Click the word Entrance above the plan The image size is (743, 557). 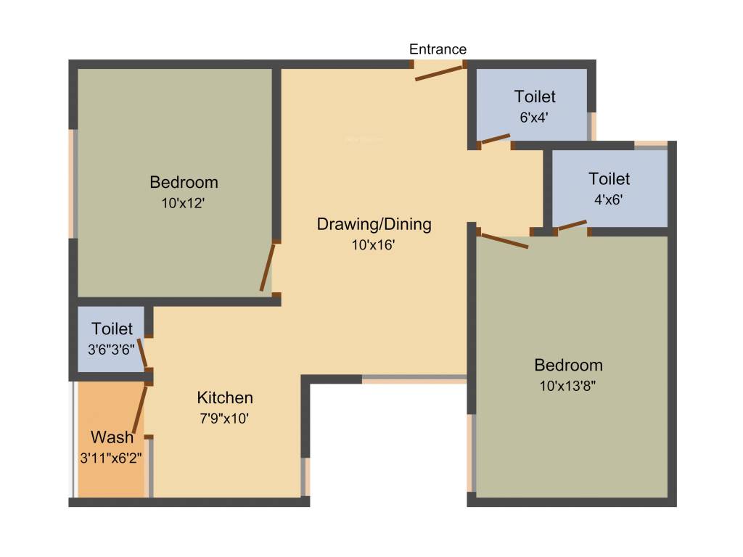(x=438, y=49)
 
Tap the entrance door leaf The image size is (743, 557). (x=439, y=73)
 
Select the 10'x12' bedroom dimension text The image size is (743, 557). (x=183, y=203)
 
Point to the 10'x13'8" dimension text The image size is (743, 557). (x=567, y=386)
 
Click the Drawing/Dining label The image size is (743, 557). (x=374, y=224)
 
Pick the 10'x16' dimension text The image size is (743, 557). (x=374, y=245)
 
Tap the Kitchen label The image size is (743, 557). (x=225, y=397)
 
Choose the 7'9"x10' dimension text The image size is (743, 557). (x=224, y=418)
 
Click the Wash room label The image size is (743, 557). (x=112, y=437)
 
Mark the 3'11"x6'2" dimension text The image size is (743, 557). (x=111, y=458)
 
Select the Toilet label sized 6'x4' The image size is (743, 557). (x=535, y=96)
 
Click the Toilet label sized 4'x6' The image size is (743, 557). (x=609, y=179)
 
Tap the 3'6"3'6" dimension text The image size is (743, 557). (x=111, y=350)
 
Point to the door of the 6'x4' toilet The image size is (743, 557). (x=496, y=139)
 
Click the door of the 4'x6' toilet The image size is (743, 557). (x=572, y=225)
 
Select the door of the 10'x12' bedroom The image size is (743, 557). (x=267, y=267)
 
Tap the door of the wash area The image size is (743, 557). (x=140, y=409)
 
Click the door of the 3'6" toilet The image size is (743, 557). (x=142, y=353)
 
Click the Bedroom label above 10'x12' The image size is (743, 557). (x=184, y=182)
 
